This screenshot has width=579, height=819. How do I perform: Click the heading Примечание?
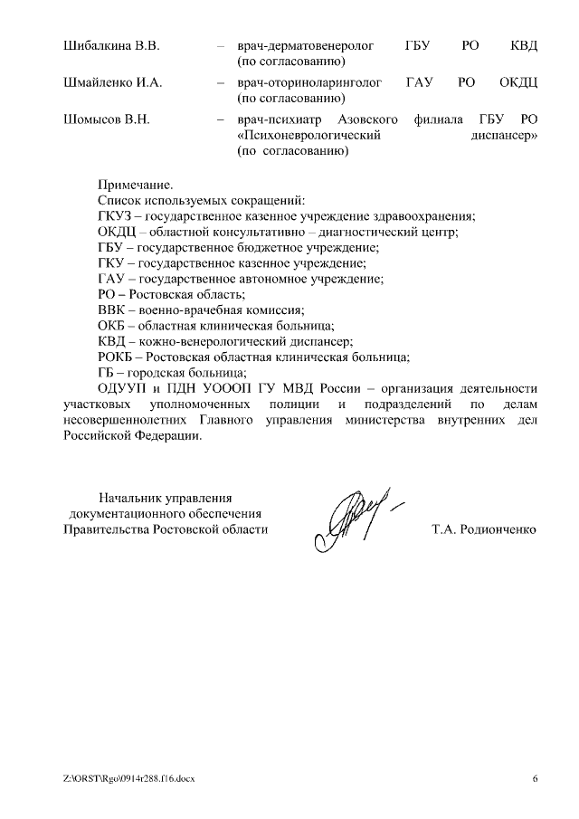point(134,184)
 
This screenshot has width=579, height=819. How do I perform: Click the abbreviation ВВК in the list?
point(112,310)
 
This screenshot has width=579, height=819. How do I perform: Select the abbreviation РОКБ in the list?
point(115,357)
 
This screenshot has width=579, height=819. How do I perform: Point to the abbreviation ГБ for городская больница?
point(106,372)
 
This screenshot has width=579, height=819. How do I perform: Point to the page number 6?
point(535,778)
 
